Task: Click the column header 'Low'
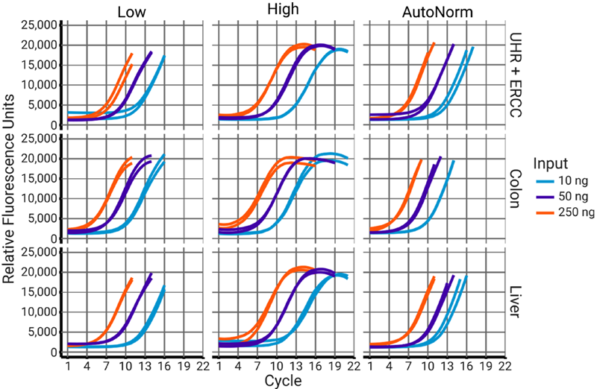coord(135,12)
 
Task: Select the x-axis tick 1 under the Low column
coord(68,366)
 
